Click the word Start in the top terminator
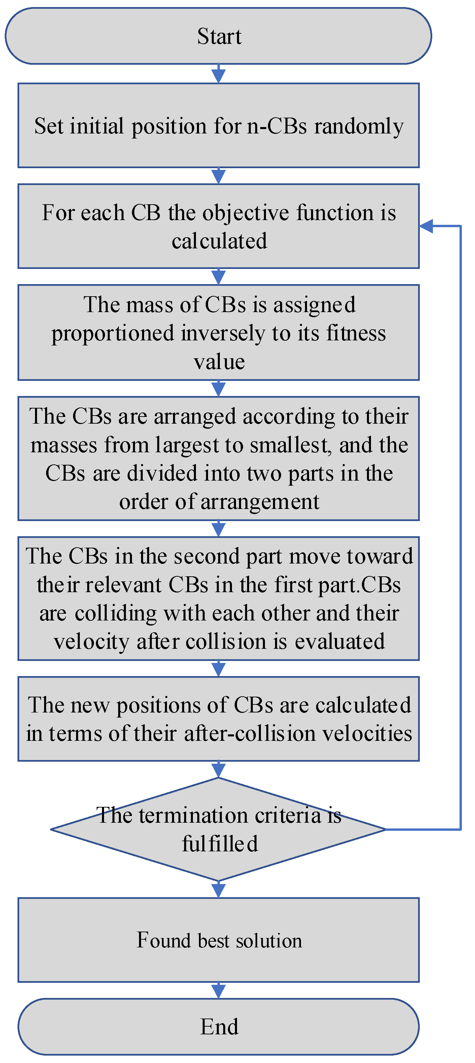219,36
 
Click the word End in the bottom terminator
219,1027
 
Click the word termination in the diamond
194,815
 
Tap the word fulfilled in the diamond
220,844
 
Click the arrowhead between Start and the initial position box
218,76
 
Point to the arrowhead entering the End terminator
218,991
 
